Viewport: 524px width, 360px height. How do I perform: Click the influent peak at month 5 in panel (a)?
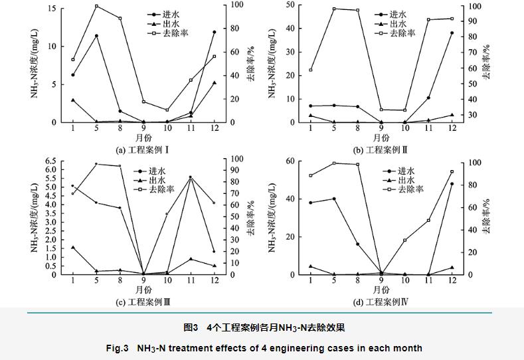coord(96,36)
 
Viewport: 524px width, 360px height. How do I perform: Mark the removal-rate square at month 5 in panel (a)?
coord(96,6)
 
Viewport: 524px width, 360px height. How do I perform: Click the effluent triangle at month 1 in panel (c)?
coord(72,247)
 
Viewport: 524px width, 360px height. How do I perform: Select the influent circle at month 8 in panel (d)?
coord(357,244)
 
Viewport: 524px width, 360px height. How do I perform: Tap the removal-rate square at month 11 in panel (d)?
coord(428,220)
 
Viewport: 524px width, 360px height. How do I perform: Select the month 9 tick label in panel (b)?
coord(381,129)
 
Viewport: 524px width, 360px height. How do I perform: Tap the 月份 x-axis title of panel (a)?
coord(143,138)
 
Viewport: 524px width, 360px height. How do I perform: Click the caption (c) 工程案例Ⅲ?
coord(143,302)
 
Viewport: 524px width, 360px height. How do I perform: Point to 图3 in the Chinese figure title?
coord(191,327)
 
